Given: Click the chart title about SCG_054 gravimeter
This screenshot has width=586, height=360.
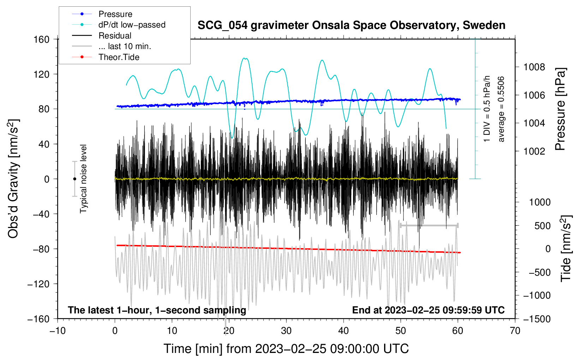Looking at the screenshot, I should point(351,25).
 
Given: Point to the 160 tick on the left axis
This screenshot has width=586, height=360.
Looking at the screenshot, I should point(42,39).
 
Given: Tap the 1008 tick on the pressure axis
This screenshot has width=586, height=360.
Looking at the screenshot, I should point(534,67).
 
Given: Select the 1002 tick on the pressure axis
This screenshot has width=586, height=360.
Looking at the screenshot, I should point(534,151).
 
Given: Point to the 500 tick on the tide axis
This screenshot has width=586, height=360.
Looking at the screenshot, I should point(542,226).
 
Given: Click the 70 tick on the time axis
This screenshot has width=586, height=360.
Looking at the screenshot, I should point(515,331).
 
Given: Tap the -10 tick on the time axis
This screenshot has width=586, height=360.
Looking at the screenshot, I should point(58,331).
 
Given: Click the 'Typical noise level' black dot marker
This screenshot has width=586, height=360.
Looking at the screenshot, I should point(74,179).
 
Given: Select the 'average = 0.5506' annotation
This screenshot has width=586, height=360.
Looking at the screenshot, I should point(501,109).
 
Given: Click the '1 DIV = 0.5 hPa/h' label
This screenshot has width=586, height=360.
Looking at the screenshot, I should point(487,109).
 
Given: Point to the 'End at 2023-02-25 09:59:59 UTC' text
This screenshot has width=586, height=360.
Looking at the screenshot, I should point(428,310).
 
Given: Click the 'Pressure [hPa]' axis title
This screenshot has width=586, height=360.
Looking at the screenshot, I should point(560,109).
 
